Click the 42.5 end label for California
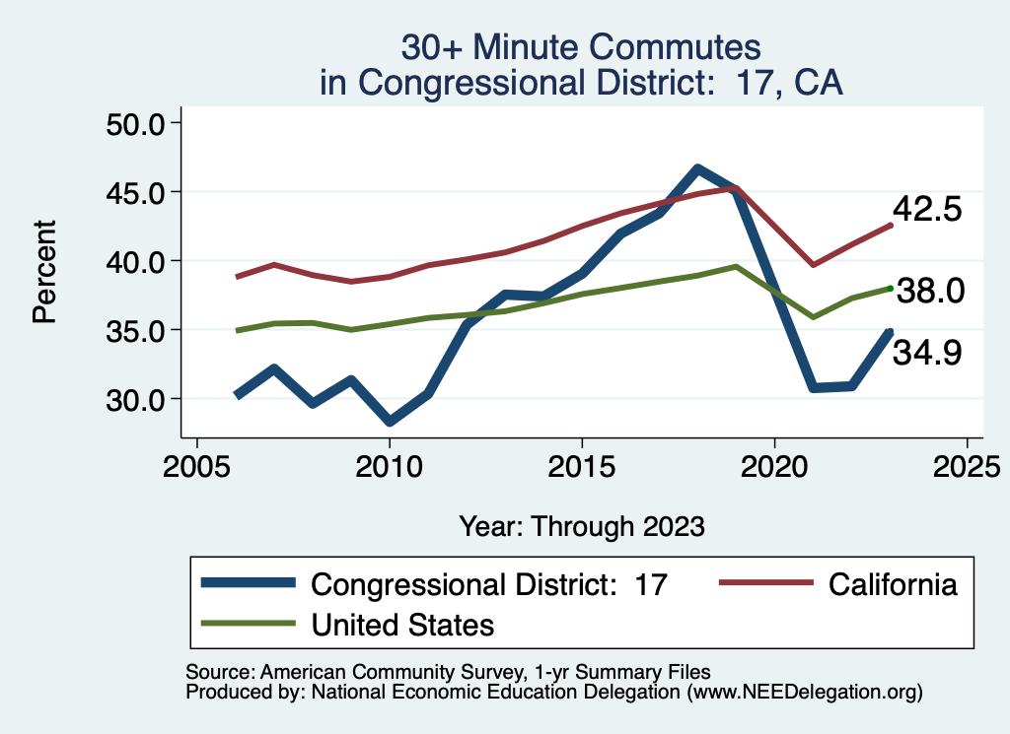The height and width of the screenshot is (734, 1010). pyautogui.click(x=926, y=210)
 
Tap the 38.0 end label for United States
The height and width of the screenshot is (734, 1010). pyautogui.click(x=928, y=291)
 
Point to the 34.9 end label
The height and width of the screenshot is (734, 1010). pyautogui.click(x=926, y=353)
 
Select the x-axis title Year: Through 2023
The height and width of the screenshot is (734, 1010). pyautogui.click(x=582, y=526)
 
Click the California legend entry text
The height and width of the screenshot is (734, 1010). pyautogui.click(x=893, y=584)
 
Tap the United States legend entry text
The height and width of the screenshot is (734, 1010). pyautogui.click(x=402, y=625)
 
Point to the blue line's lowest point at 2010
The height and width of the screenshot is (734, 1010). pyautogui.click(x=390, y=422)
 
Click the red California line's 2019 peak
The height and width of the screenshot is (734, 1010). pyautogui.click(x=736, y=187)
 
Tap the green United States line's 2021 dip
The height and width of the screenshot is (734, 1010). pyautogui.click(x=813, y=317)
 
